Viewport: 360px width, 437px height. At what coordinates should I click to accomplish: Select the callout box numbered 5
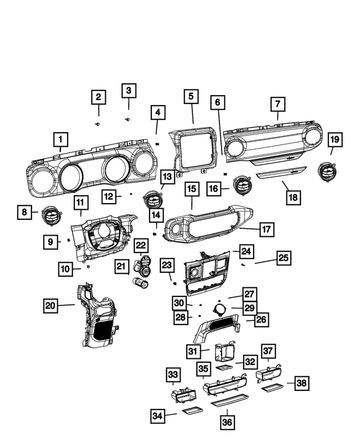191,97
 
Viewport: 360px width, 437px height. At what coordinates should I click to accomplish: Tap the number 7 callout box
277,104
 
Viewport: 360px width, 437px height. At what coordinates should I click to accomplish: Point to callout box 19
335,139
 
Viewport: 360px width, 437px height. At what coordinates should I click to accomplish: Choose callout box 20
51,305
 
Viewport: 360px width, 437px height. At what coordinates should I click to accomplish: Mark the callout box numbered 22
141,245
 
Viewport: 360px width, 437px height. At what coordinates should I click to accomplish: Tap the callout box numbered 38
302,384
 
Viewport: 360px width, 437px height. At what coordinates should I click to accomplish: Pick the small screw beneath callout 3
128,119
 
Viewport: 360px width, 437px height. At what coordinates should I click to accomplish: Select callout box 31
194,351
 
